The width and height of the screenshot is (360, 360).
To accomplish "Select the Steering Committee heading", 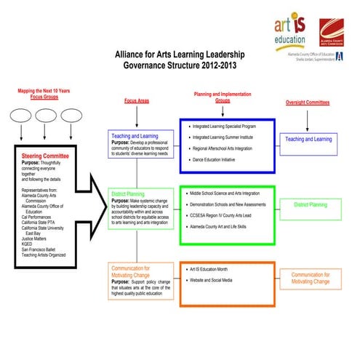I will click(x=45, y=156).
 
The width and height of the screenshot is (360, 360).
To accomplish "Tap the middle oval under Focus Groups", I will click(x=46, y=116).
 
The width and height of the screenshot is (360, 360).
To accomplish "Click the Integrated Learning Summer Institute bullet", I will click(x=229, y=137).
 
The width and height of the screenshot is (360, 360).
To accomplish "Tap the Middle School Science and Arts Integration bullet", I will click(x=234, y=193).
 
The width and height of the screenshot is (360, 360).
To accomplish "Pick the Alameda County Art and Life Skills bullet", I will click(x=228, y=227).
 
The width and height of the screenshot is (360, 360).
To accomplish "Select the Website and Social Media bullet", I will click(x=221, y=279).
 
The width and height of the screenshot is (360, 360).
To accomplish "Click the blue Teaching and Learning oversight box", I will click(x=308, y=139).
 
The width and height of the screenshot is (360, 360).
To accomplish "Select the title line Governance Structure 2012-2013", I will click(x=180, y=65).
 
